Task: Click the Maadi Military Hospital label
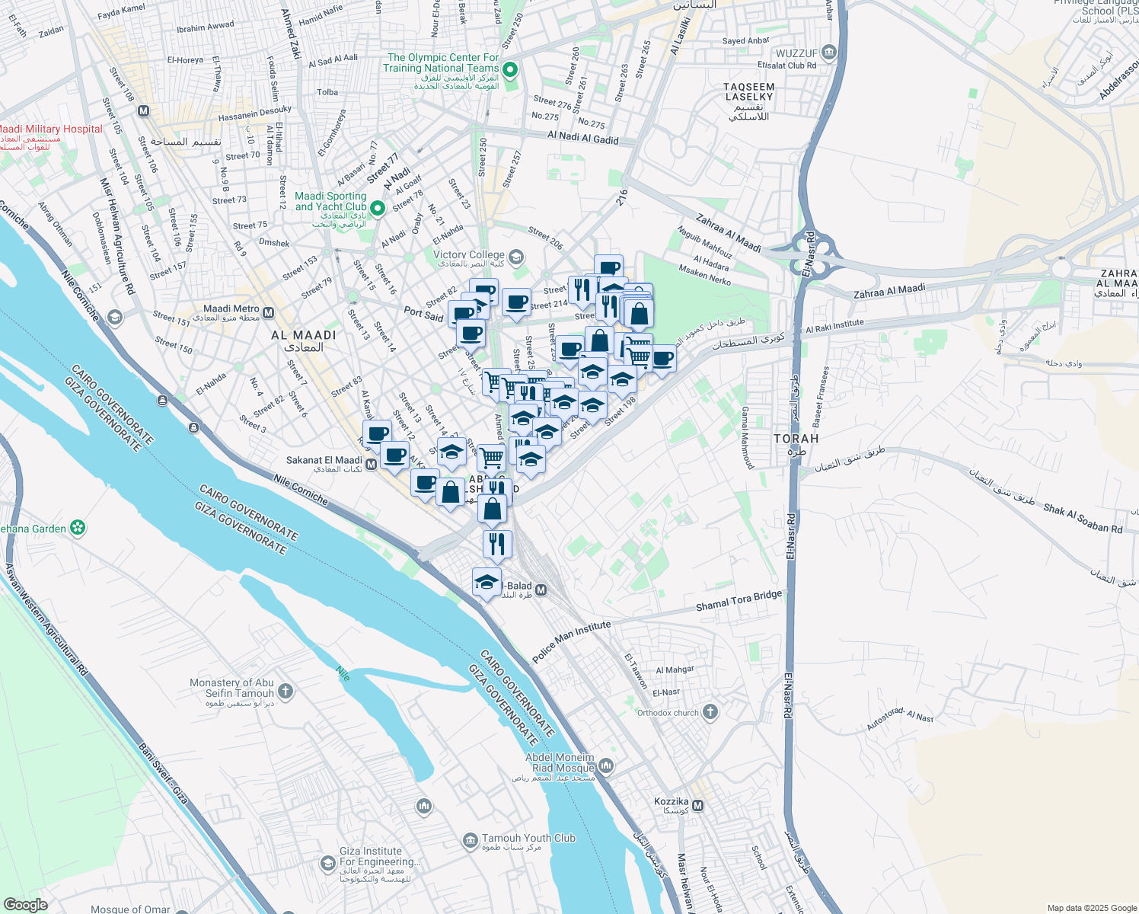click(x=51, y=129)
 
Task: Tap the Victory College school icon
click(x=517, y=257)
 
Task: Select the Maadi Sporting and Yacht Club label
click(x=330, y=201)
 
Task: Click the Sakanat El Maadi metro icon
click(x=372, y=464)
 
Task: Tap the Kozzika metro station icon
click(x=697, y=805)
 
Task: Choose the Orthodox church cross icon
click(x=710, y=712)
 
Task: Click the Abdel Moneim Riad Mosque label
click(x=560, y=763)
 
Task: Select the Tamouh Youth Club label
click(x=528, y=839)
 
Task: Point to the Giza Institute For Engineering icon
click(x=327, y=863)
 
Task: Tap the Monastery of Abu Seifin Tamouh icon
click(x=286, y=692)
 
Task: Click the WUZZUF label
click(x=796, y=53)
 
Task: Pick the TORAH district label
click(x=796, y=439)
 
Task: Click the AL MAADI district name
click(x=304, y=335)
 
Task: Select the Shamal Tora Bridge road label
click(x=739, y=601)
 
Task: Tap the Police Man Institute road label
click(x=571, y=641)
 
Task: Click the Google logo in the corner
click(x=25, y=904)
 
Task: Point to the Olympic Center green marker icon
click(x=511, y=72)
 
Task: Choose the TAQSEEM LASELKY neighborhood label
click(x=749, y=92)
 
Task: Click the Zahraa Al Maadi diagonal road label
click(x=728, y=234)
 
